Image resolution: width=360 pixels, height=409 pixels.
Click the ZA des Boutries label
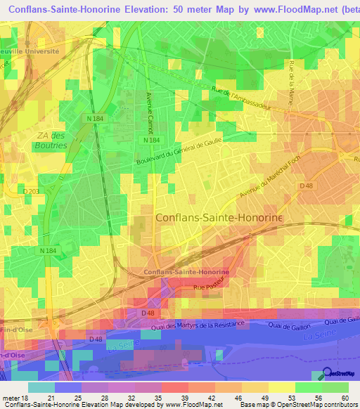click(51, 141)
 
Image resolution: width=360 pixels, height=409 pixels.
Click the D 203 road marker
click(31, 191)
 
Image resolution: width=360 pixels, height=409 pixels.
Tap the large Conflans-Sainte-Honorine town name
click(218, 219)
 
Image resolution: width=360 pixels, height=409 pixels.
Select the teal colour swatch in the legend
click(41, 387)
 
